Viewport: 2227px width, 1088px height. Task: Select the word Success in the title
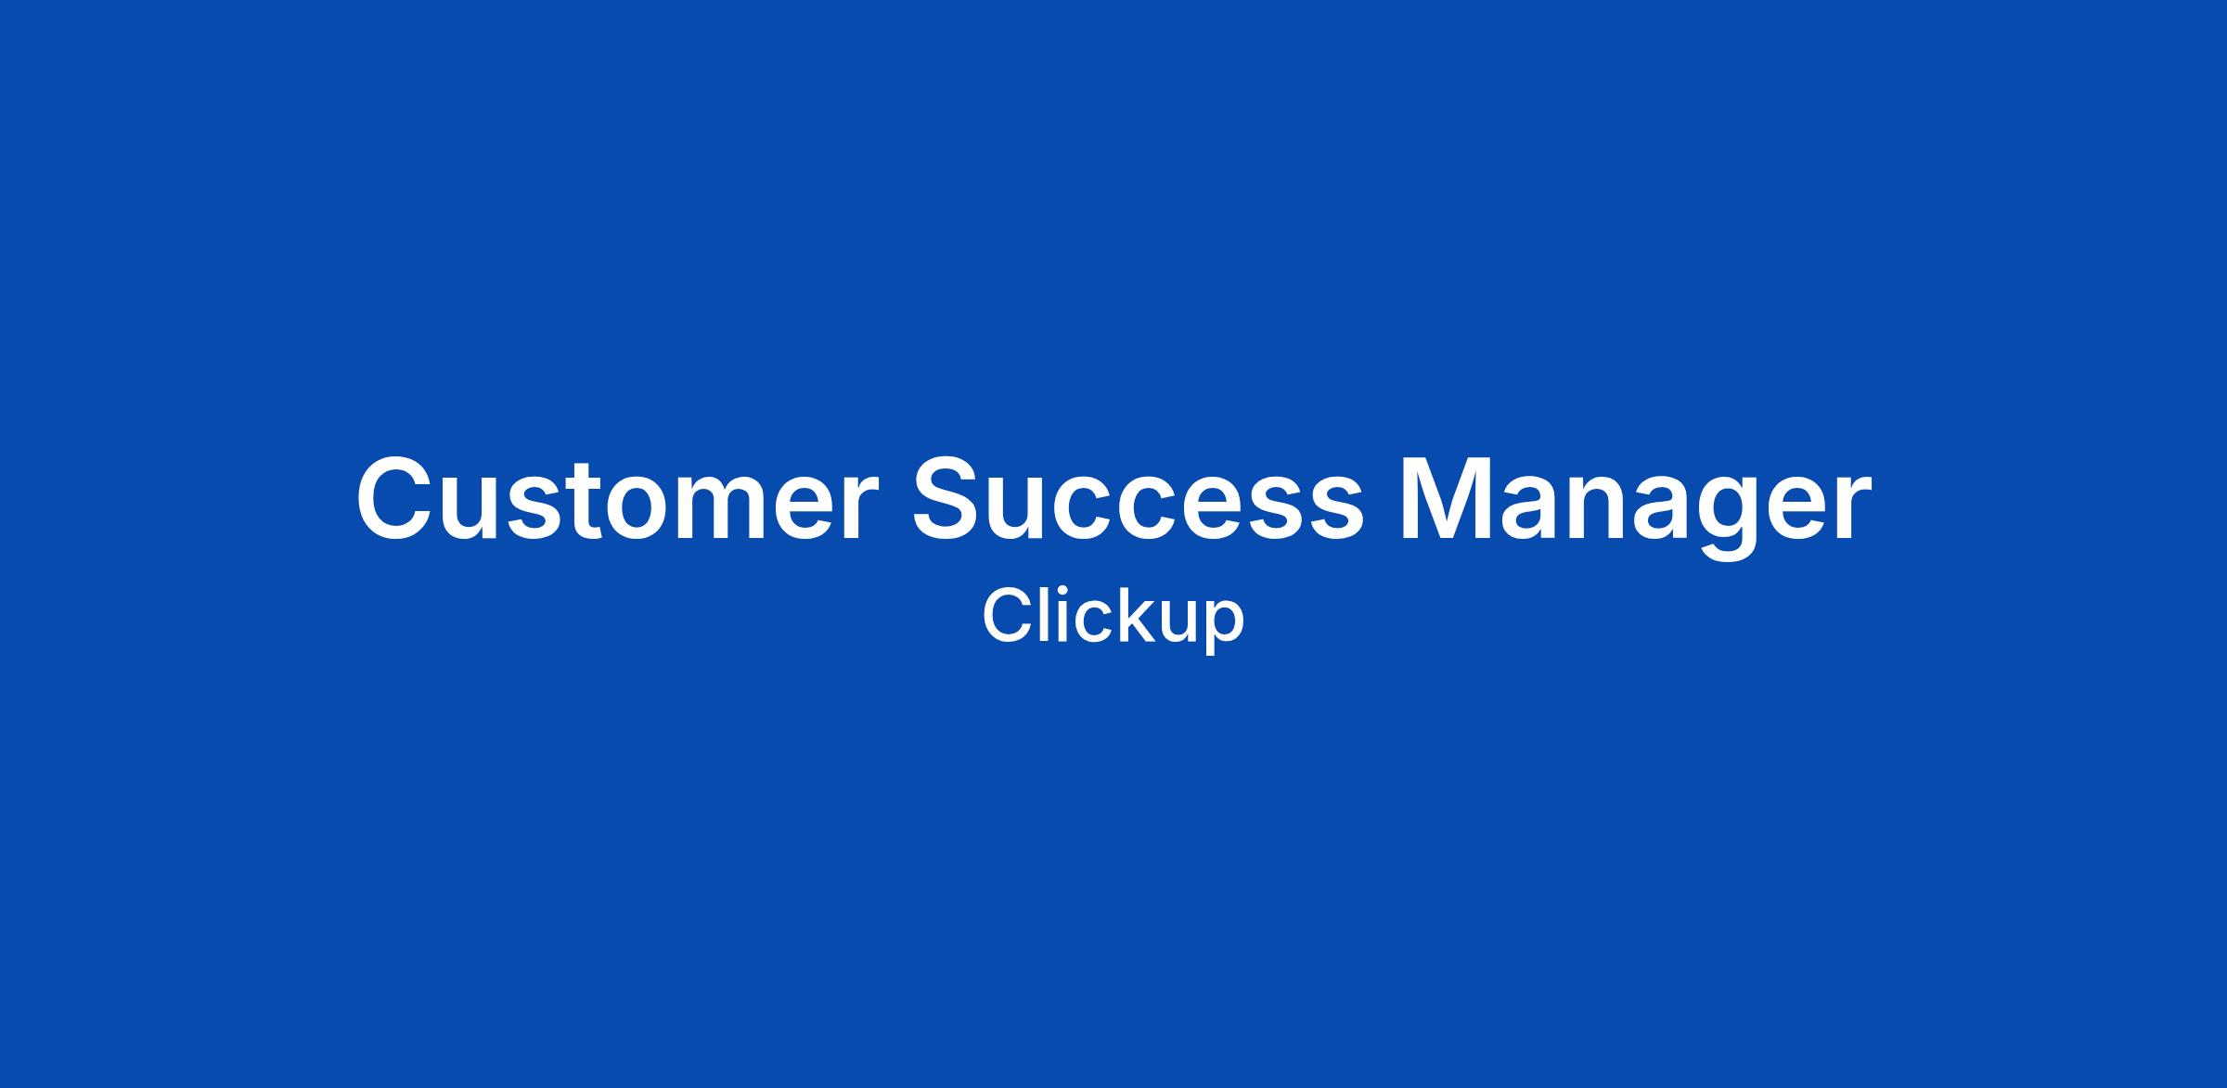coord(1139,498)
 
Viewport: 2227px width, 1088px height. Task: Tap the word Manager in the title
coord(1635,506)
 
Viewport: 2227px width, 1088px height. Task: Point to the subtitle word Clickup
coord(1113,617)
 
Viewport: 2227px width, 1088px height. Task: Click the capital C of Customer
coord(397,498)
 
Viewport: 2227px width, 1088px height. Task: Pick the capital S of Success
coord(950,498)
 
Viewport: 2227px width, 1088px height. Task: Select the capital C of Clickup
coord(1009,615)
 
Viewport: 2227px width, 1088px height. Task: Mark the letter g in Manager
coord(1723,519)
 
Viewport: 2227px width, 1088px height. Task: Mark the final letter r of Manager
coord(1849,508)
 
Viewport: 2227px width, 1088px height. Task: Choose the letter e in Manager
coord(1796,509)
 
